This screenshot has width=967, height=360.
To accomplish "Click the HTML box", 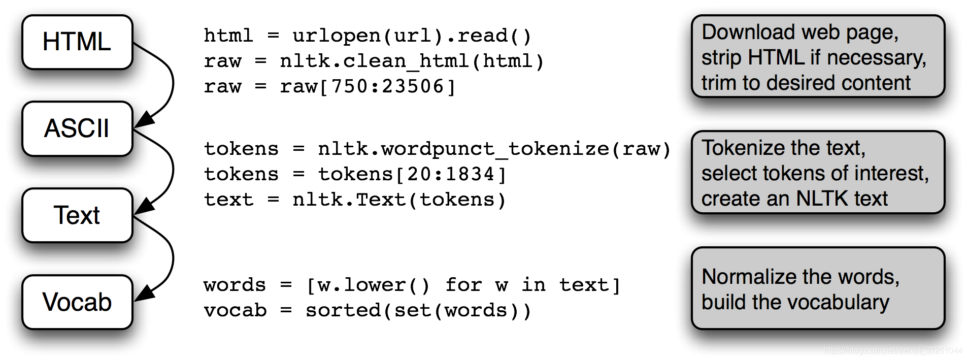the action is pyautogui.click(x=77, y=42).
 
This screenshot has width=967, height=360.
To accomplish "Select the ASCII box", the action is pyautogui.click(x=77, y=128).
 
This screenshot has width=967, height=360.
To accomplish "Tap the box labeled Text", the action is pyautogui.click(x=77, y=215).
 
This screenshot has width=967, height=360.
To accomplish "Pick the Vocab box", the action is pyautogui.click(x=77, y=302).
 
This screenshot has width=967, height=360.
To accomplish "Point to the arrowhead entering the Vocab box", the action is pyautogui.click(x=144, y=293).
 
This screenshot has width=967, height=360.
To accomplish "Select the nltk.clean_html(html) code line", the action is pyautogui.click(x=412, y=61).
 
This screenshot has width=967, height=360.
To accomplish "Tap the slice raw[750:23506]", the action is pyautogui.click(x=368, y=87).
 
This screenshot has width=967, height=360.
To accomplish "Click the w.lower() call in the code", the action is pyautogui.click(x=374, y=285).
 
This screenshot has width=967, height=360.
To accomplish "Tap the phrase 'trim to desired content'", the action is pyautogui.click(x=806, y=83).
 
